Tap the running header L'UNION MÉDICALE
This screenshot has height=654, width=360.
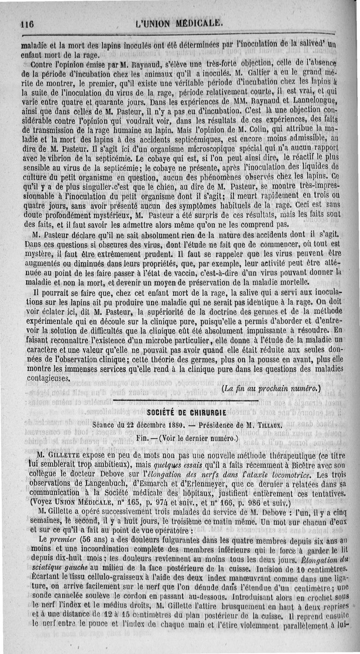pos(179,23)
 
